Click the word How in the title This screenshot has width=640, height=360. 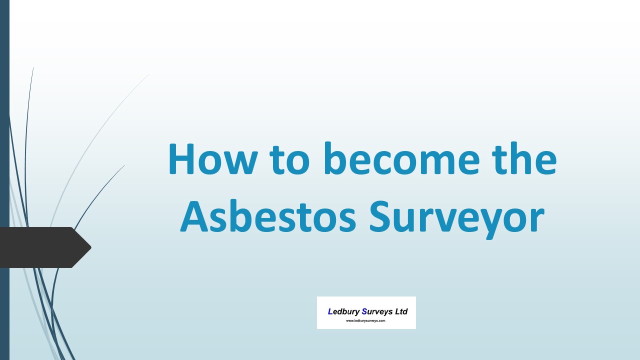click(x=213, y=159)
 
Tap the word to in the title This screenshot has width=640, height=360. click(x=289, y=160)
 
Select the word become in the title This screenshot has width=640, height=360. click(x=401, y=158)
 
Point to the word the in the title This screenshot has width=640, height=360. click(x=524, y=158)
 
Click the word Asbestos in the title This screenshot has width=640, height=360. click(x=268, y=216)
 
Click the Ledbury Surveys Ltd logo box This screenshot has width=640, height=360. click(x=366, y=312)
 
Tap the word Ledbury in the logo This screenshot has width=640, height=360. click(x=343, y=311)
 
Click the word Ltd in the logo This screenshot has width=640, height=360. click(x=401, y=311)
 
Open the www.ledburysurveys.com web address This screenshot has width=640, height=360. click(x=365, y=321)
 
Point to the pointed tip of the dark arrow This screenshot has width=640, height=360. click(x=91, y=247)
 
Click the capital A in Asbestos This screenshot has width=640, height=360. click(x=194, y=216)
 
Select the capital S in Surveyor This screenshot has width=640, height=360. click(x=381, y=216)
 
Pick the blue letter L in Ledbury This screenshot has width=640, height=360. click(x=330, y=311)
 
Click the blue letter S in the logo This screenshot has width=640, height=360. click(x=364, y=311)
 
